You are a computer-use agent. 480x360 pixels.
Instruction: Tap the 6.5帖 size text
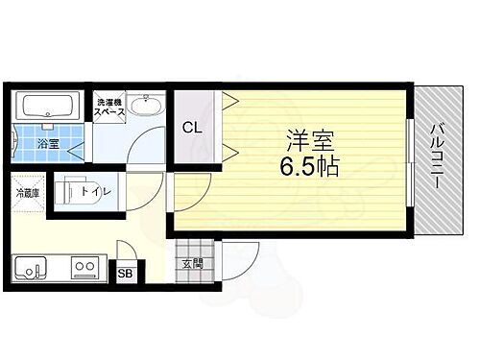307,166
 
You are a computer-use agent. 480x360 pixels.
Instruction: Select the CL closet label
192,126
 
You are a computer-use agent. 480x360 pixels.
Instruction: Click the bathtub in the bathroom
46,108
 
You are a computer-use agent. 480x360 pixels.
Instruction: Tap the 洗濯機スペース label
108,107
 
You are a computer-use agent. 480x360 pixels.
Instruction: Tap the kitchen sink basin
31,267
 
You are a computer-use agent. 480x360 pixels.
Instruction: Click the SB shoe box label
125,273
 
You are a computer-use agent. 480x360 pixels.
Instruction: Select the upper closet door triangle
229,100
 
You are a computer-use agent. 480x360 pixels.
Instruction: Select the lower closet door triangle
229,150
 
